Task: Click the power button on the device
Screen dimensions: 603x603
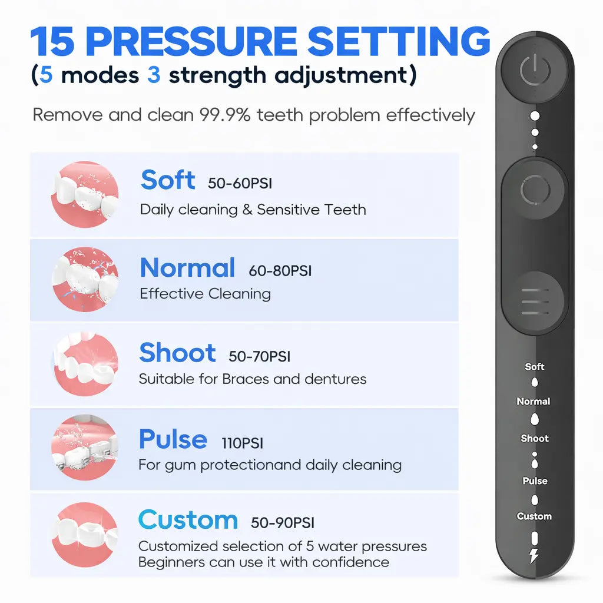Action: click(x=535, y=72)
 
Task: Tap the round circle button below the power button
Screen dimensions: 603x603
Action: click(x=535, y=191)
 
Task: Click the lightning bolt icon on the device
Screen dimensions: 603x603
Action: click(x=534, y=555)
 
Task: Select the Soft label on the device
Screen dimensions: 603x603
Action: click(x=535, y=366)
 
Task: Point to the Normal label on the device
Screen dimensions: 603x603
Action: click(x=534, y=401)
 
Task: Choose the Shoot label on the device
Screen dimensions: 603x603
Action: click(x=534, y=438)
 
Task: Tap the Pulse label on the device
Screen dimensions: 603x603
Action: click(x=535, y=481)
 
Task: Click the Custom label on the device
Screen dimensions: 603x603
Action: click(x=534, y=516)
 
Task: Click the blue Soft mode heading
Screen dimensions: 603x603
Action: click(x=168, y=180)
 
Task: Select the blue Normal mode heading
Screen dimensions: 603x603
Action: click(x=187, y=268)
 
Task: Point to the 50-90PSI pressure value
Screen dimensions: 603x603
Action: click(x=283, y=522)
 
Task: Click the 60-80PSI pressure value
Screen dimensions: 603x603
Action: click(x=280, y=271)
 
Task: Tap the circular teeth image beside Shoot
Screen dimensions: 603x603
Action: click(x=85, y=364)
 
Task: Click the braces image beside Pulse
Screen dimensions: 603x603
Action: click(x=85, y=448)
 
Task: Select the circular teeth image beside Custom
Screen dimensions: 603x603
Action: click(x=85, y=534)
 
